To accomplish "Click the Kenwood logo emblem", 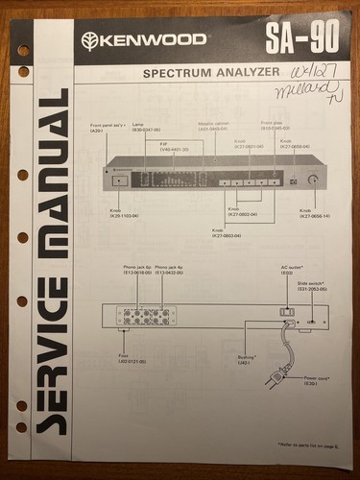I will (89, 40).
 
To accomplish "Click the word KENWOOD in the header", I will (152, 40).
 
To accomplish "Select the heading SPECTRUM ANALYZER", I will (211, 72).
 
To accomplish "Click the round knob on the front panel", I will (312, 179).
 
